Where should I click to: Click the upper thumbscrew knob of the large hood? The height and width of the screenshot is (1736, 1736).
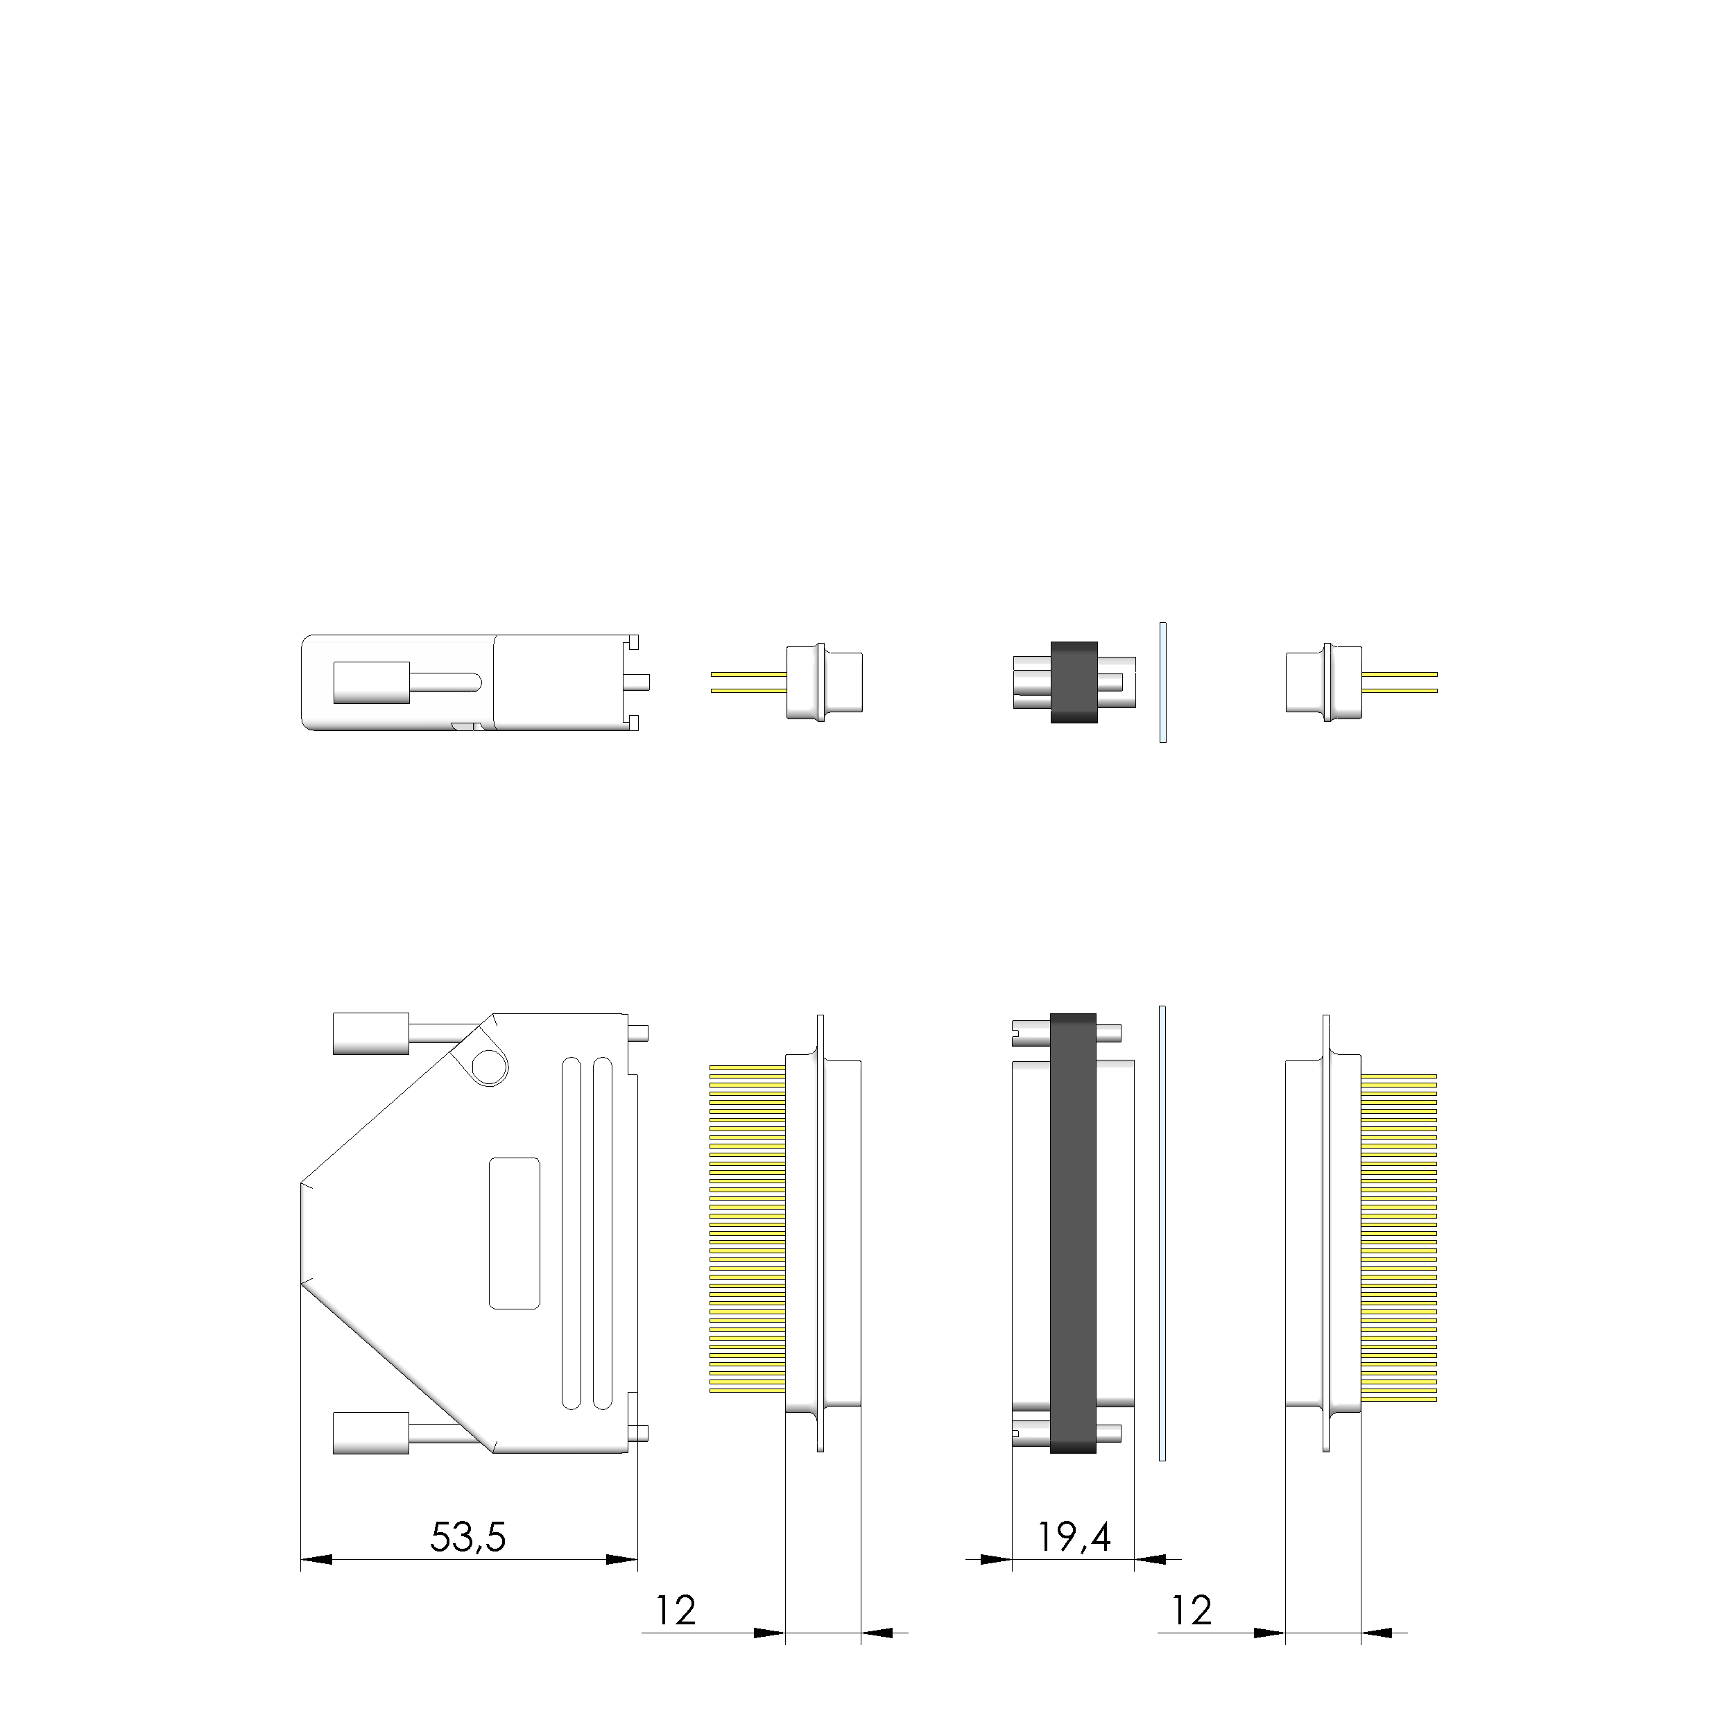click(x=371, y=1033)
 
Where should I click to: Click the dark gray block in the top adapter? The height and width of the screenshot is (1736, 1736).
click(x=1074, y=682)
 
